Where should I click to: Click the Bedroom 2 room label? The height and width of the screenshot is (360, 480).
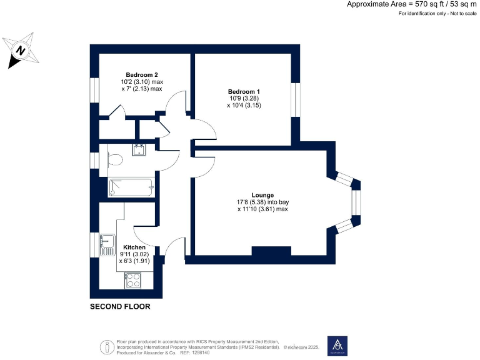click(x=142, y=74)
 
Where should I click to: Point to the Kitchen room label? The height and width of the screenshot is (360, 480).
click(x=134, y=247)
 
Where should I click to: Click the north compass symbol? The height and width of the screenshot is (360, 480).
click(x=20, y=51)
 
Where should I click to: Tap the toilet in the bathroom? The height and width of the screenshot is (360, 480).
click(x=113, y=161)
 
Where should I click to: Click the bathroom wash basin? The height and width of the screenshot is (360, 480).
click(x=139, y=149)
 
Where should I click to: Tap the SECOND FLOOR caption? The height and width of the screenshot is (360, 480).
click(x=120, y=307)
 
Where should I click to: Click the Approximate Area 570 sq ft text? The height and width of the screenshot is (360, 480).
click(x=411, y=4)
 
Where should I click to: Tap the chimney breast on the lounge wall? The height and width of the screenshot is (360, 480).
click(x=271, y=251)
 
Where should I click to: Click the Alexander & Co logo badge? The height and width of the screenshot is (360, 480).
click(x=337, y=346)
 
